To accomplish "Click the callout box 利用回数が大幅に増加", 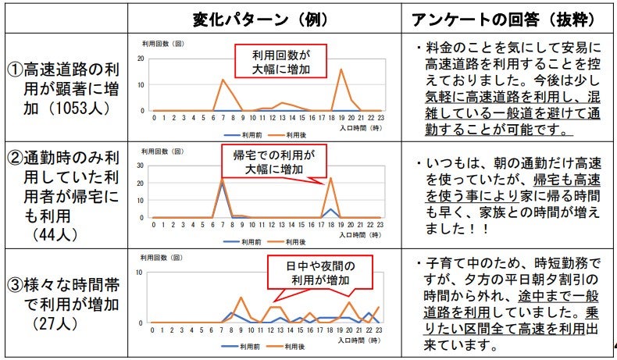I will point(280,61).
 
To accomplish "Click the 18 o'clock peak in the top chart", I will point(341,70).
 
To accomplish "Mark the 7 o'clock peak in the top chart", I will point(223,79).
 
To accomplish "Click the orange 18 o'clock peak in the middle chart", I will point(330,180).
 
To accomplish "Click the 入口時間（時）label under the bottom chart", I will point(360,340).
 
